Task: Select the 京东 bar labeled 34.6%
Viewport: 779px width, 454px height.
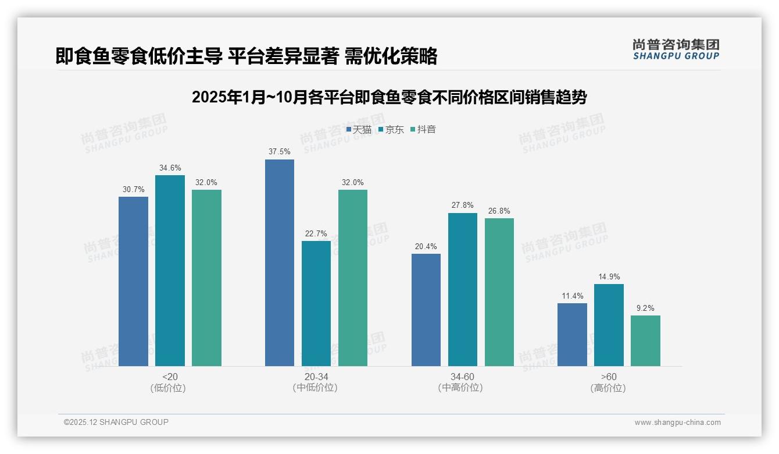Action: coord(170,271)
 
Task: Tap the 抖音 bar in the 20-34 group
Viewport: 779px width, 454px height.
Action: coord(353,278)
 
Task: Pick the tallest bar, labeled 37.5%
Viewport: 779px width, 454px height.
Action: coord(280,263)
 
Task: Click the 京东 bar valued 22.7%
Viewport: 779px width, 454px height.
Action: coord(316,303)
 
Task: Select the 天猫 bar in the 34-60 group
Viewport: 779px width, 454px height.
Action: coord(426,310)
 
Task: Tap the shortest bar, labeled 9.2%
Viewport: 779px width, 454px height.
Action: coord(645,340)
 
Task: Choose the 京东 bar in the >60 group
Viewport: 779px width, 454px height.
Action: coord(609,325)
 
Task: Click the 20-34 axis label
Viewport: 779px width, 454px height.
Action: coord(316,377)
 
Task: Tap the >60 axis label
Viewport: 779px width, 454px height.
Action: coord(609,377)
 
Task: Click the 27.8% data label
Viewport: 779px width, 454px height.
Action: coord(463,205)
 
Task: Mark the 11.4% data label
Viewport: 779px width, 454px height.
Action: coord(572,296)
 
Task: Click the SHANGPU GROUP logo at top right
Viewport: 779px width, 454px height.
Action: coord(676,49)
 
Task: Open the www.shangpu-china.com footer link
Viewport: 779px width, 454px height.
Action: coord(677,423)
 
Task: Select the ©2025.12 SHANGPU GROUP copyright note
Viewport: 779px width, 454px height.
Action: coord(116,423)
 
